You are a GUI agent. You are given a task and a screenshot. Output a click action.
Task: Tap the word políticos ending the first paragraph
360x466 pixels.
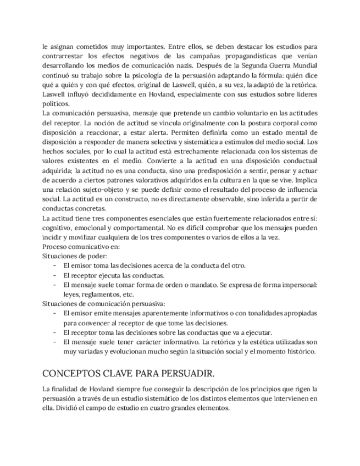tap(56, 103)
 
